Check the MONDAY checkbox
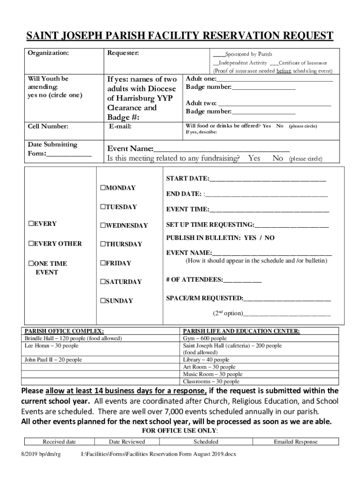pyautogui.click(x=103, y=188)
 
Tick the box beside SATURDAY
pyautogui.click(x=103, y=282)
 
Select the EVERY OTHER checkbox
pyautogui.click(x=31, y=244)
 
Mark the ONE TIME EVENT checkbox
pyautogui.click(x=31, y=263)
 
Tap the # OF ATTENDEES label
pyautogui.click(x=194, y=280)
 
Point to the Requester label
pyautogui.click(x=123, y=53)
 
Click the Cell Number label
pyautogui.click(x=48, y=126)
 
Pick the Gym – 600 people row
pyautogui.click(x=205, y=338)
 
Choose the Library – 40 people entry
pyautogui.click(x=206, y=360)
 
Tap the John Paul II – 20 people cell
pyautogui.click(x=53, y=360)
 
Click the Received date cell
pyautogui.click(x=59, y=442)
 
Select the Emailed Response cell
pyautogui.click(x=295, y=442)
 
